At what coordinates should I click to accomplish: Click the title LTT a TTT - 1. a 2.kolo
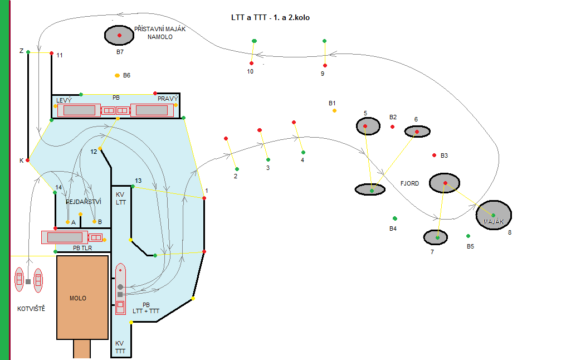click(270, 18)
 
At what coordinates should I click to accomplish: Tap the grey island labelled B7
click(119, 35)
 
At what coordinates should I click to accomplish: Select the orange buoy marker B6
click(117, 75)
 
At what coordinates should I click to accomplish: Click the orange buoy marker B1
click(334, 111)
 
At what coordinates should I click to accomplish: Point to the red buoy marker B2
click(392, 127)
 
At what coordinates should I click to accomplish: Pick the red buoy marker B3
click(434, 155)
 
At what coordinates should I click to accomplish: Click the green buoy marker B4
click(394, 218)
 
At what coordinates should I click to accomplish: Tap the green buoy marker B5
click(469, 236)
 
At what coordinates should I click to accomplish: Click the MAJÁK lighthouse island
click(494, 215)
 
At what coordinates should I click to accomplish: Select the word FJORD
click(409, 183)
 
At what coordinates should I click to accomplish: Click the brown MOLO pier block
click(82, 298)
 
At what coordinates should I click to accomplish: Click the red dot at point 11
click(51, 53)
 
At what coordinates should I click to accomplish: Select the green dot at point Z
click(28, 52)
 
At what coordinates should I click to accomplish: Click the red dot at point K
click(27, 160)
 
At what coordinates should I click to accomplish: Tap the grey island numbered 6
click(417, 132)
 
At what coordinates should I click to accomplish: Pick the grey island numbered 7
click(436, 237)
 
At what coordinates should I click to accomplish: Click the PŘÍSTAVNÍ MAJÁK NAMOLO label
click(160, 32)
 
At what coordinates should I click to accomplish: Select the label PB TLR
click(82, 247)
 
